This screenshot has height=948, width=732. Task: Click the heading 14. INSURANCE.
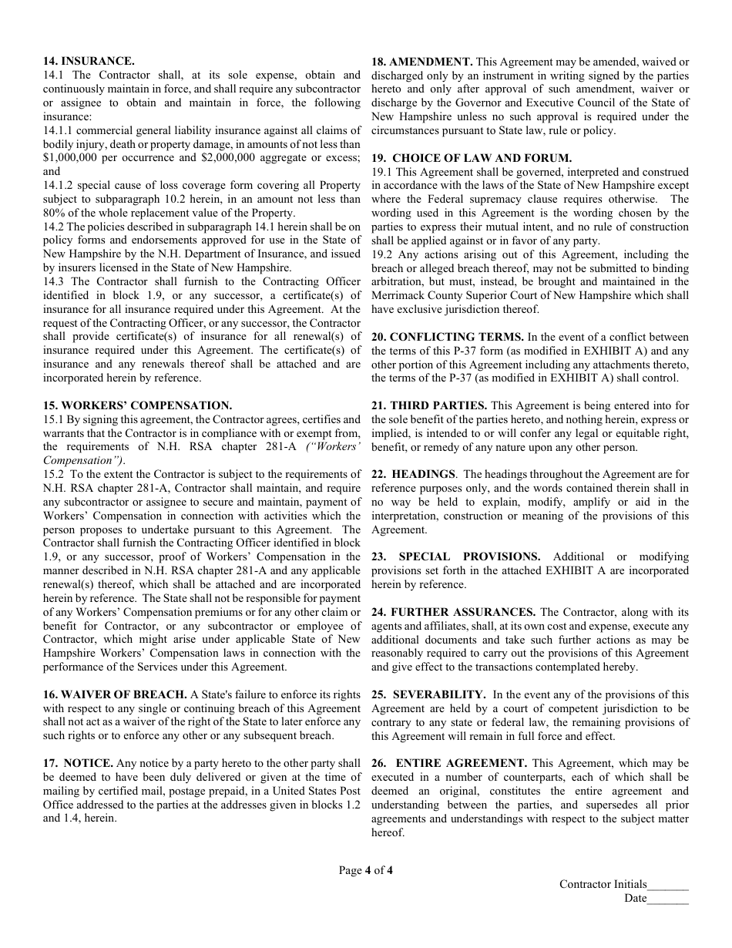coord(89,61)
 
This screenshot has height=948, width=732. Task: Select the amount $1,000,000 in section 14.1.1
coord(72,158)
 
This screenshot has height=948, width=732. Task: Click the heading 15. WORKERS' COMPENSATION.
coord(137,405)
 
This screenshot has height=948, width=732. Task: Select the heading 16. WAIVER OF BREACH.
coord(115,694)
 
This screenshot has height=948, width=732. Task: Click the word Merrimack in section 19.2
coord(396,296)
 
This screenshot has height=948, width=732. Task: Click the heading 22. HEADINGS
coord(414,475)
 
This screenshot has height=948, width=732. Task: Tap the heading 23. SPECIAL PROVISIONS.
coord(456,556)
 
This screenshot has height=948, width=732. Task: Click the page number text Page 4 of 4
coord(366,871)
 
